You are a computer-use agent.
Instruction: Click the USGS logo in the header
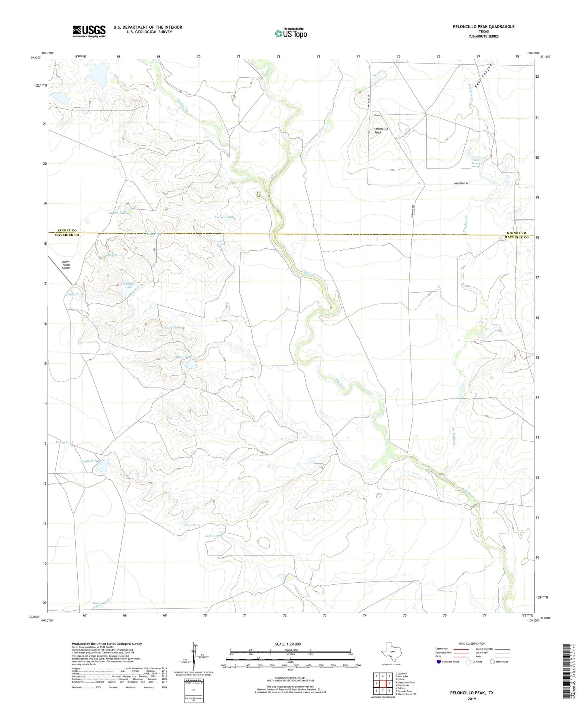click(89, 31)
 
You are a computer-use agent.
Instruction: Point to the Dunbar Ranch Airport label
click(66, 265)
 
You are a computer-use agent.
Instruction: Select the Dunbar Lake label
click(128, 285)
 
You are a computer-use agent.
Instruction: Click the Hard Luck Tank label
click(99, 605)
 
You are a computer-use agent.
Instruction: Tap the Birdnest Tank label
click(91, 461)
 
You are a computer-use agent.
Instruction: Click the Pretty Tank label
click(64, 442)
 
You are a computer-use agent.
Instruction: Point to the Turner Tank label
click(224, 217)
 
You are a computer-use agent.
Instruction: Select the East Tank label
click(212, 536)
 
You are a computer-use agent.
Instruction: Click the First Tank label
click(192, 525)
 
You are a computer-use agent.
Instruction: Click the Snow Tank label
click(183, 357)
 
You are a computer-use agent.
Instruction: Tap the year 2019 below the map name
click(471, 698)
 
